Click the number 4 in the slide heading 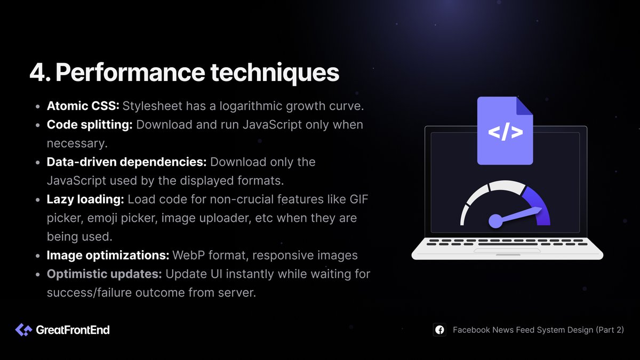pos(38,73)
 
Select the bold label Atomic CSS pos(82,106)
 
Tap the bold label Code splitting pos(90,125)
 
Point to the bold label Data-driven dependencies pos(127,162)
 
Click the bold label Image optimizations pos(108,255)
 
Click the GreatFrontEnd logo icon pos(23,330)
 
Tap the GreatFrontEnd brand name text pos(73,330)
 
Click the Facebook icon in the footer pos(439,330)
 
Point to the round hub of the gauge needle pos(495,221)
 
